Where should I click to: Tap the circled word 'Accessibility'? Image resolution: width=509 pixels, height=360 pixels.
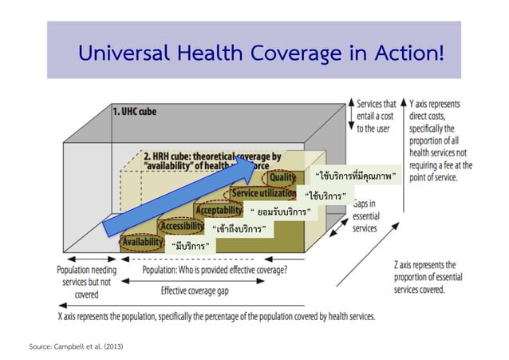(183, 226)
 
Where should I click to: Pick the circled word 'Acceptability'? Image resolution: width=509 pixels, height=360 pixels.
(219, 210)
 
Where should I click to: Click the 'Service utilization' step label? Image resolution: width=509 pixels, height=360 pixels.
(263, 194)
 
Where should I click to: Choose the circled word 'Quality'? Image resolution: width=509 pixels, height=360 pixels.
(282, 178)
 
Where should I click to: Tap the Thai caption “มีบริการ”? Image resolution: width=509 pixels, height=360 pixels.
(190, 245)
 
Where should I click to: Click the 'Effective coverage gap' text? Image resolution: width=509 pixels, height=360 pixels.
(195, 291)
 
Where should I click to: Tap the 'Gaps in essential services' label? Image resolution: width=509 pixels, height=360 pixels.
(369, 216)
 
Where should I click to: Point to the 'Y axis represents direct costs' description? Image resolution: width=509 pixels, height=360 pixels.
(440, 140)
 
